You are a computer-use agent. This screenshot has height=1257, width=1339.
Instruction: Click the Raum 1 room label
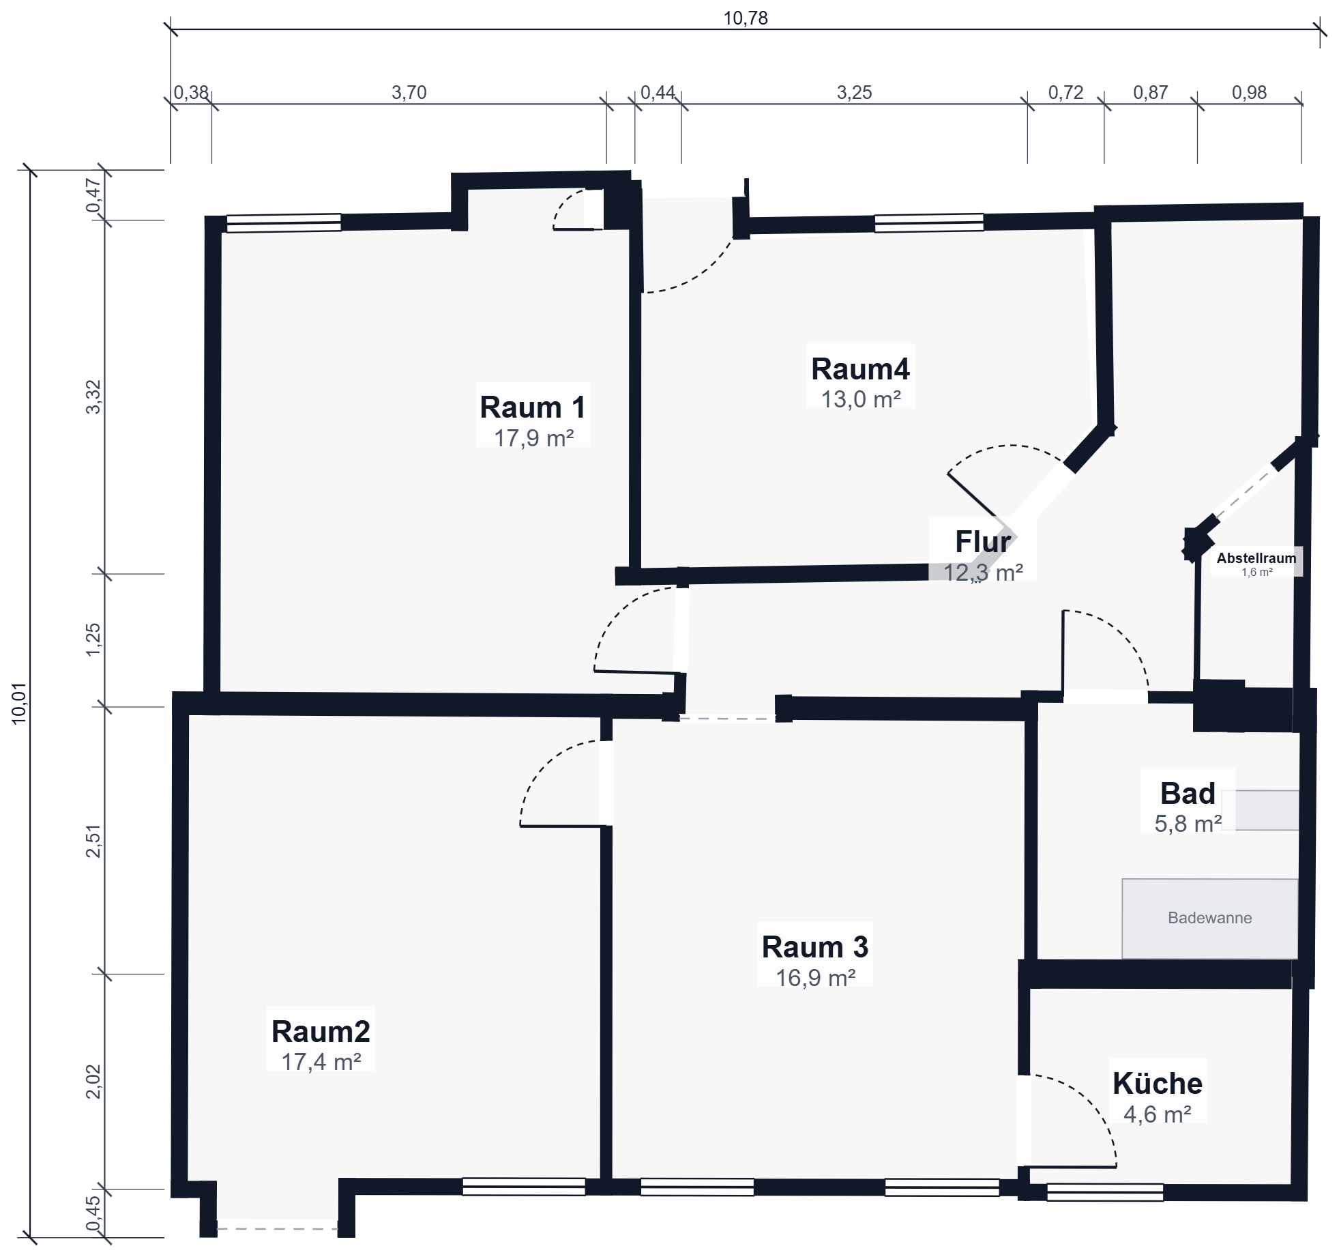(x=533, y=407)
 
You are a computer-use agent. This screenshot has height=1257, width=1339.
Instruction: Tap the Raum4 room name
(x=860, y=369)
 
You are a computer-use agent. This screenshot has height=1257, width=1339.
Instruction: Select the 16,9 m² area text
(x=816, y=978)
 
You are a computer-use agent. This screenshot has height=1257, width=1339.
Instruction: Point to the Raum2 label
(x=321, y=1032)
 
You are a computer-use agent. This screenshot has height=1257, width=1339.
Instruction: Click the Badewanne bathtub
(x=1210, y=919)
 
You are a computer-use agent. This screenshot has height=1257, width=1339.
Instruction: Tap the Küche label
(x=1158, y=1084)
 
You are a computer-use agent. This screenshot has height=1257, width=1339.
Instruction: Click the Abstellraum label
(x=1256, y=558)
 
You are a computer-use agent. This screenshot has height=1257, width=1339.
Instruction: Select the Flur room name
(x=983, y=542)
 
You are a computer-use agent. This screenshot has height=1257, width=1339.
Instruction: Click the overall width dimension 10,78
(x=746, y=18)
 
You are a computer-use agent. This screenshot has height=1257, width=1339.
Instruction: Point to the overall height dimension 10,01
(x=19, y=703)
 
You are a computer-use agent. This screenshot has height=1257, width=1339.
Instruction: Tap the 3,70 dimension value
(x=409, y=92)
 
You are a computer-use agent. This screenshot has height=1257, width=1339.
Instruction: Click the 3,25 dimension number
(x=855, y=92)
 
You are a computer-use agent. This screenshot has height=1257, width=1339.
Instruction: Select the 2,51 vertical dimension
(x=93, y=841)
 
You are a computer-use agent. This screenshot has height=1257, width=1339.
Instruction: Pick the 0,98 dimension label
(x=1249, y=92)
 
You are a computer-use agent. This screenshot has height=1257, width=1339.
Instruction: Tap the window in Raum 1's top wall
(x=284, y=223)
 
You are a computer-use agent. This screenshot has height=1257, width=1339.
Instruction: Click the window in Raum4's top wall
(x=929, y=223)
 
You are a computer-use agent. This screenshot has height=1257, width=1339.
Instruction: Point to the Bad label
(x=1188, y=794)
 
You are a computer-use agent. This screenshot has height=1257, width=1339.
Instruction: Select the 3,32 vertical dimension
(x=93, y=397)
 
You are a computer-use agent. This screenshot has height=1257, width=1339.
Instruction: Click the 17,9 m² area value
(x=533, y=438)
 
